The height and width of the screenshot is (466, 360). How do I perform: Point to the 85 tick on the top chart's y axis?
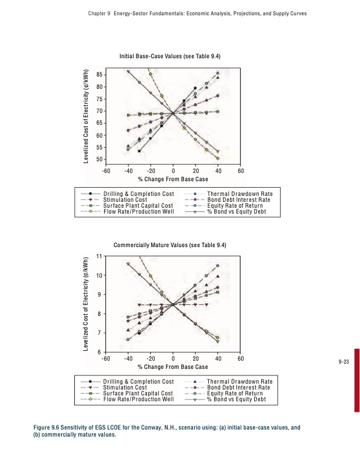pos(98,75)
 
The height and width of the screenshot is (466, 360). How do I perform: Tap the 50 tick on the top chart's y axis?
pos(98,160)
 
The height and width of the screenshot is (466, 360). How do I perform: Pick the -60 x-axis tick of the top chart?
pos(105,171)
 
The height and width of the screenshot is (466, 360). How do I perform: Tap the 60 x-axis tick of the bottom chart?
pos(241,358)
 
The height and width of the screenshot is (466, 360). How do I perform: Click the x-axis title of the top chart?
pos(172,179)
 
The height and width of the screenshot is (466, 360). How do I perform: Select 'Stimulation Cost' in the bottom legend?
pos(125,388)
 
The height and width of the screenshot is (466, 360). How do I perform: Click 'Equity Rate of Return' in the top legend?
pos(236,205)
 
